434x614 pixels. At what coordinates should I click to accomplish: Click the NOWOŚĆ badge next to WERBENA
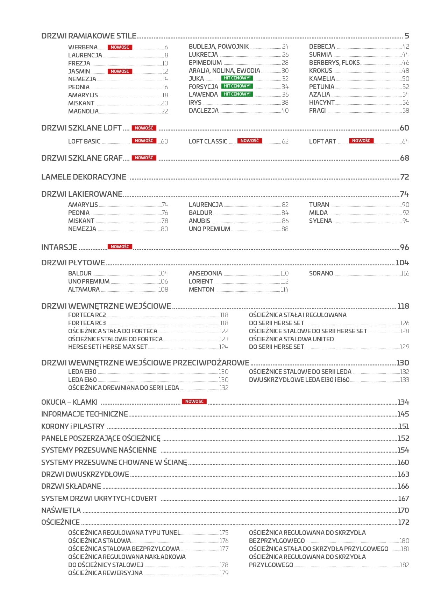tap(120, 47)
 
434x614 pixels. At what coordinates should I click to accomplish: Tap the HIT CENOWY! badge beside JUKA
tap(237, 78)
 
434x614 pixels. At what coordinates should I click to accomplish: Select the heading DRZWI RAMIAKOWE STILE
tap(89, 36)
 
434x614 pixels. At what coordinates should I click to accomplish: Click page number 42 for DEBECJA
tap(405, 47)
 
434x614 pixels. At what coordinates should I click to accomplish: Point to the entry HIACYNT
tap(322, 103)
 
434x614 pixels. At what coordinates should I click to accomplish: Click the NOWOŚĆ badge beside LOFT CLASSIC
tap(249, 141)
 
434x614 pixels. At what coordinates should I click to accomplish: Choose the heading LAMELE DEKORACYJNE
tap(84, 177)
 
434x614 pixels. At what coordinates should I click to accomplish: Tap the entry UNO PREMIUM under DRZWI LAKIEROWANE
tap(209, 229)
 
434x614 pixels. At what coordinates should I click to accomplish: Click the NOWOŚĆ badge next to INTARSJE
tap(120, 247)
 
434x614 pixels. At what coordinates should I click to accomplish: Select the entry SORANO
tap(321, 273)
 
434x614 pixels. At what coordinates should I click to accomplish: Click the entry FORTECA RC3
tap(87, 323)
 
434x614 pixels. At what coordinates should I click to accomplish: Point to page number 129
tap(404, 347)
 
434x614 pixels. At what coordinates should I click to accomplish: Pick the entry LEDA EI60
tap(82, 380)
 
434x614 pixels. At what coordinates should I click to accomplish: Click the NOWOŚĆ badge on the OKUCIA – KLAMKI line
tap(194, 402)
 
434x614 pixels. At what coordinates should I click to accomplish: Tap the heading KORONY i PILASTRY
tap(73, 426)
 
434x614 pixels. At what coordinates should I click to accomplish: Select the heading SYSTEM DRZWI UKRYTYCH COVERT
tap(99, 498)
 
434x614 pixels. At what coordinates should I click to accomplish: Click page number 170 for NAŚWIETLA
tap(403, 510)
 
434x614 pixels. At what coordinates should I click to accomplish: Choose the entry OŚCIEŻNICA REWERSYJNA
tap(105, 573)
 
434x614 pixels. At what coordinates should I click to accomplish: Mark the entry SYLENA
tap(320, 221)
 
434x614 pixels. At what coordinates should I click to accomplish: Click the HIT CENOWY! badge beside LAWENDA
tap(237, 94)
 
